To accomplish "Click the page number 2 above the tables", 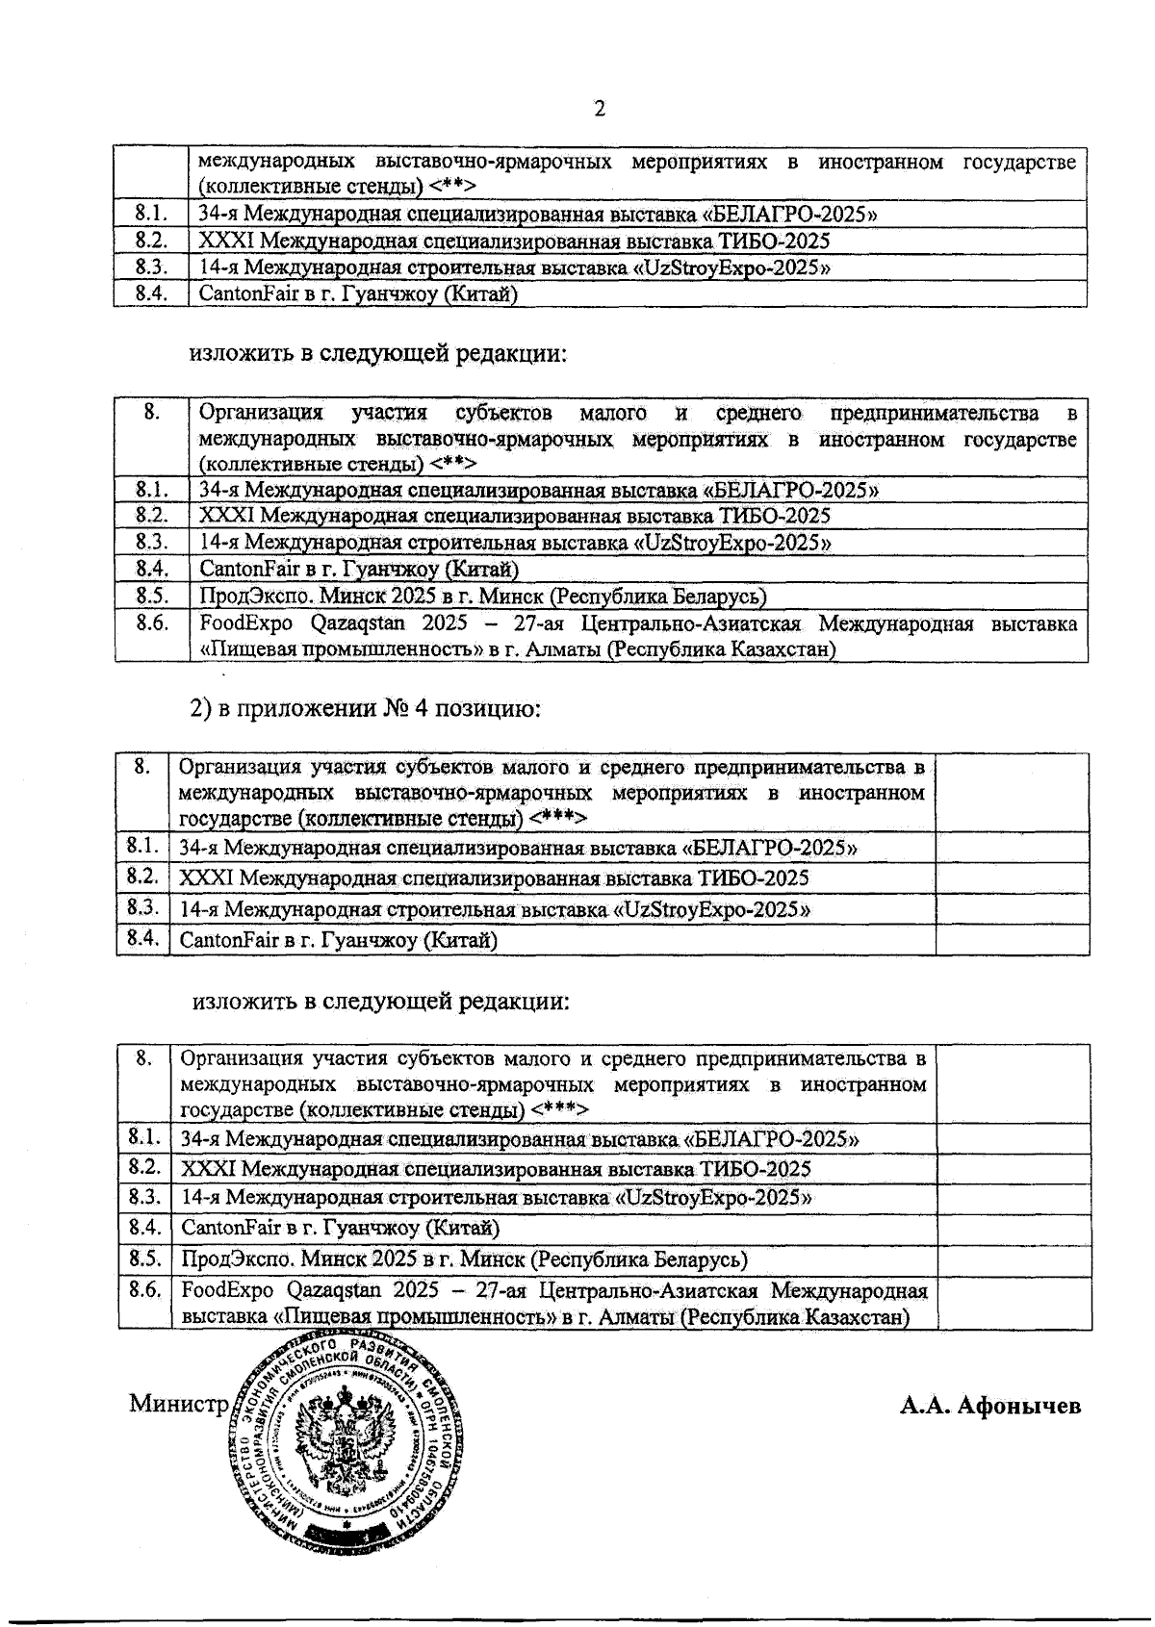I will [x=600, y=110].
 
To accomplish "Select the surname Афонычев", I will [x=1022, y=1406].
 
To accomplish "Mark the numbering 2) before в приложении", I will [x=200, y=710].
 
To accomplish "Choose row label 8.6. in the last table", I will [x=144, y=1289].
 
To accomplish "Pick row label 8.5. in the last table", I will [x=144, y=1258].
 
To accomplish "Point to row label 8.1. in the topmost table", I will [x=151, y=214].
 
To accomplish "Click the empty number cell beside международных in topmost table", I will [x=151, y=173].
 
